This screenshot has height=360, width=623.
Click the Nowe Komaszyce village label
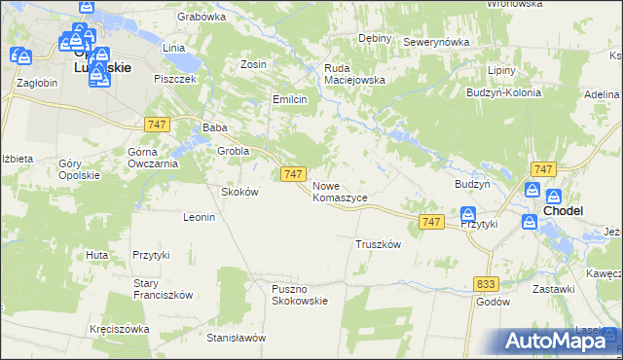point(340,191)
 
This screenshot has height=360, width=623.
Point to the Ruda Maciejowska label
point(355,74)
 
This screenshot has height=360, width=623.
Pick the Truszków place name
point(379,244)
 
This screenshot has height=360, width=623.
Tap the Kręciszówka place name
point(119,329)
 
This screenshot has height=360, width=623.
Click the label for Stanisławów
point(237,338)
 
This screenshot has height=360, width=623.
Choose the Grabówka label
point(202,17)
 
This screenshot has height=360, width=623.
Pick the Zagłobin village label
point(37,83)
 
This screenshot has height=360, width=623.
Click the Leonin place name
point(199,217)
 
